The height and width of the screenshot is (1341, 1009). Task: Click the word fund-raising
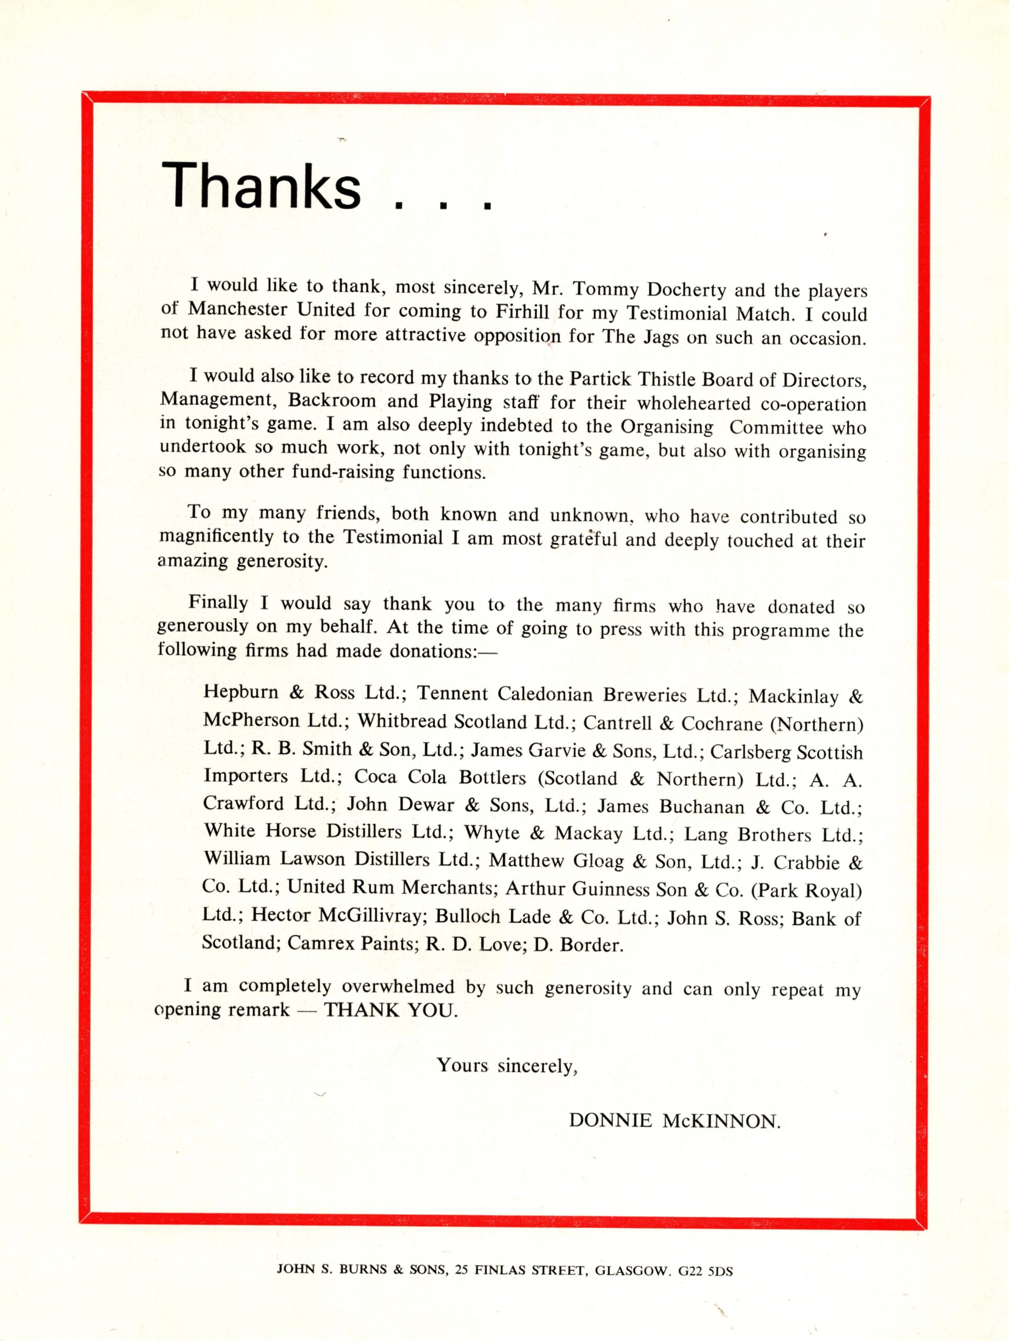point(344,472)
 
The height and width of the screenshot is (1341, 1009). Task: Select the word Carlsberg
point(750,752)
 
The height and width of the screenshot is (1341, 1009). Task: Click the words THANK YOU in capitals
point(389,1010)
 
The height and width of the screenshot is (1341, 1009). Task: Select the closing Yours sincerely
point(507,1064)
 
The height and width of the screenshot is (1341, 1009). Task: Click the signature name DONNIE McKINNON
point(674,1122)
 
